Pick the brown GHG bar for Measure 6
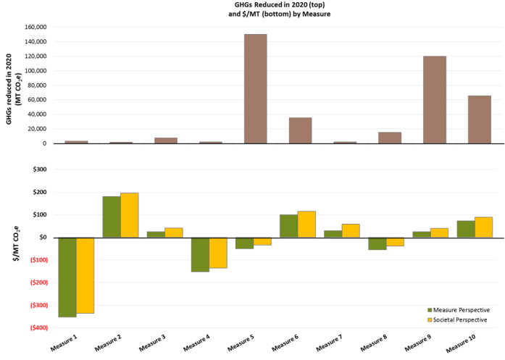click(x=300, y=130)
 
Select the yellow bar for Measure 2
click(x=130, y=215)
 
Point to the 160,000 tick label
click(x=35, y=27)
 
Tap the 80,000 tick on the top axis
click(x=37, y=85)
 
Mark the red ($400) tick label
click(x=35, y=327)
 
